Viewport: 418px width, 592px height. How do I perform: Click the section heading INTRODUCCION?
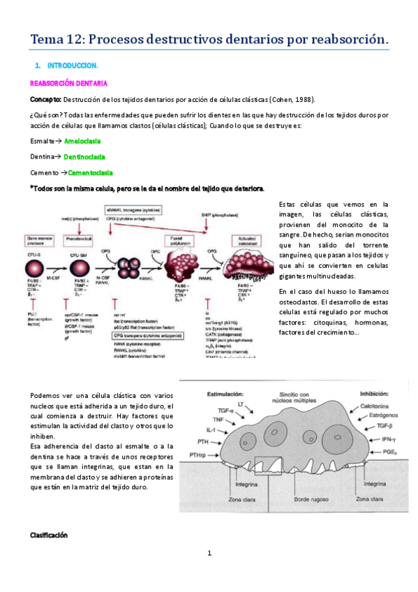pyautogui.click(x=73, y=65)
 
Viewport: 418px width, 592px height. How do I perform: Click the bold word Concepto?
pyautogui.click(x=45, y=98)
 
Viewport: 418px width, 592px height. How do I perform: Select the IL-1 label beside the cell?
pyautogui.click(x=211, y=431)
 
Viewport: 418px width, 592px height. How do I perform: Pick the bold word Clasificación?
pyautogui.click(x=48, y=535)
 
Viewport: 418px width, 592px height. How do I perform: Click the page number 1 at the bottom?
pyautogui.click(x=209, y=554)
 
